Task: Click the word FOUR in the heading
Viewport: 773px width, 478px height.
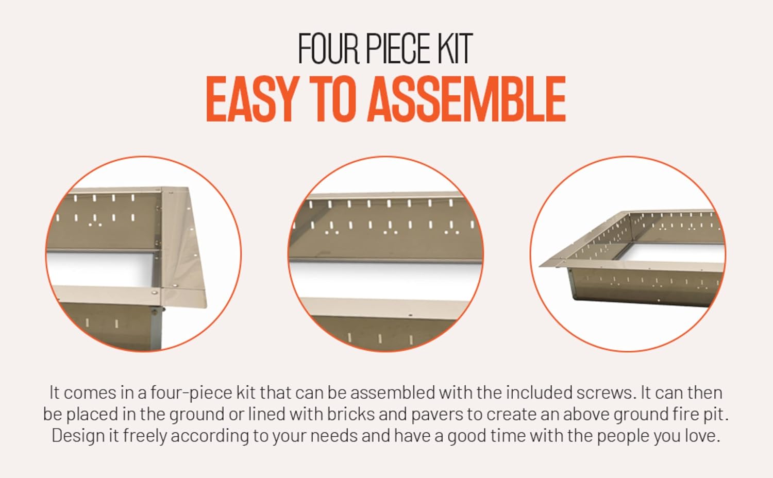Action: click(x=329, y=48)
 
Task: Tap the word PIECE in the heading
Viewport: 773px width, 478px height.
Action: click(x=397, y=48)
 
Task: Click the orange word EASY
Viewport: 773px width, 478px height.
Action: click(x=251, y=99)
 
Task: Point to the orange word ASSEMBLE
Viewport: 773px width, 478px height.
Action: click(x=466, y=99)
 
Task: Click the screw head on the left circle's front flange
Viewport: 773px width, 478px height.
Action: click(x=154, y=293)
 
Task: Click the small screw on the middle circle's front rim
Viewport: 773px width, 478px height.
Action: click(x=410, y=315)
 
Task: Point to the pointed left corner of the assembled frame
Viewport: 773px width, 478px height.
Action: click(x=540, y=266)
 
